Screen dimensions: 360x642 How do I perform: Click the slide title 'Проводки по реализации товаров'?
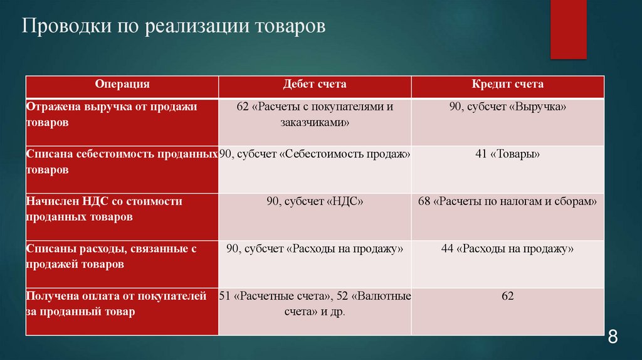coord(174,28)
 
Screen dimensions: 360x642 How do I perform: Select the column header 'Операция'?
coord(122,84)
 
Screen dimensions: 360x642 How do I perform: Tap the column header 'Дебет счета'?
coord(315,84)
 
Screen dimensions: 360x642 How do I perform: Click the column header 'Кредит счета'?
coord(507,84)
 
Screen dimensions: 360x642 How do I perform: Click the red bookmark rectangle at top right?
coord(568,28)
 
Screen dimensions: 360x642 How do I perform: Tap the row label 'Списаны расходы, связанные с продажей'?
coord(112,257)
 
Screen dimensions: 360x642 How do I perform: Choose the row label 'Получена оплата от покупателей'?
coord(116,304)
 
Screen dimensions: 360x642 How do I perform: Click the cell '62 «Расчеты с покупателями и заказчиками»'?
coord(315,115)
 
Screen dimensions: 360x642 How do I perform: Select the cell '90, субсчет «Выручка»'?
coord(507,107)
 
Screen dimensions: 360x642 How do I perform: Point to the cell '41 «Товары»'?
coord(507,154)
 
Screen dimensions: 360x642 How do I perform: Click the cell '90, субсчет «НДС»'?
coord(315,201)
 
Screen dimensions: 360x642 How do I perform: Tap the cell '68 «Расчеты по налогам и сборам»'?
coord(507,201)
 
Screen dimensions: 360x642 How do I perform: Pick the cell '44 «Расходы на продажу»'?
coord(507,249)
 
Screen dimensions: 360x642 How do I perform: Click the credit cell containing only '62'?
coord(507,296)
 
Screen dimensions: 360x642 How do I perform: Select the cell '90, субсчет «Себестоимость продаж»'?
coord(315,154)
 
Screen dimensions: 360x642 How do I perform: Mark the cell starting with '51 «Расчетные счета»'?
coord(315,304)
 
